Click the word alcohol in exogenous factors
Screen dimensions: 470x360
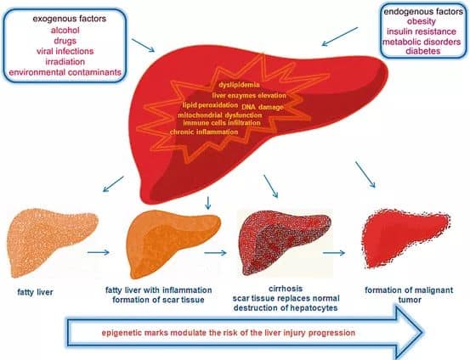(x=65, y=31)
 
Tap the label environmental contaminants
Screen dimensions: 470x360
(x=65, y=72)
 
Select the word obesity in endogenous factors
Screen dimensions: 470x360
(x=422, y=21)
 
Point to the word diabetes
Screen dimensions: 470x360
(x=423, y=51)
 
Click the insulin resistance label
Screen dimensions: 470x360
(x=422, y=31)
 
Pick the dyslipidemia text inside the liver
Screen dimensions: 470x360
(x=239, y=85)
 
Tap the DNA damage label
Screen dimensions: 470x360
(x=263, y=107)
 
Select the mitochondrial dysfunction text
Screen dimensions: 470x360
(x=220, y=115)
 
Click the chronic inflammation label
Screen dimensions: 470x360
(x=204, y=132)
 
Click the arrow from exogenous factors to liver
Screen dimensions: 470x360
(x=143, y=45)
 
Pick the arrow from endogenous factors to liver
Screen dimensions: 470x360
(x=340, y=37)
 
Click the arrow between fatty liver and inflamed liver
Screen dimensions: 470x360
(x=99, y=252)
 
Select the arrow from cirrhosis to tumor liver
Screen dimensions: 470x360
(x=334, y=253)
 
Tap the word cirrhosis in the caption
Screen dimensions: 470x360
(x=286, y=289)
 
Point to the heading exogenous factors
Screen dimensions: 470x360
(x=69, y=19)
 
